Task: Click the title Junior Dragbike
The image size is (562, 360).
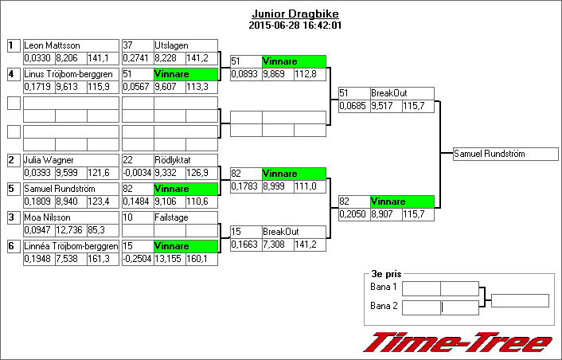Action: [284, 14]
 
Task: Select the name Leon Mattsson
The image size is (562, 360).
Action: [53, 45]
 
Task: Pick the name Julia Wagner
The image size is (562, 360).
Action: [49, 160]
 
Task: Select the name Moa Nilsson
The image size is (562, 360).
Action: [48, 217]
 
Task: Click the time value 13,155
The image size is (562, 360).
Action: [168, 259]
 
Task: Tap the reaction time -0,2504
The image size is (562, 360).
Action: [136, 259]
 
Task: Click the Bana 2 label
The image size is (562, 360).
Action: [384, 306]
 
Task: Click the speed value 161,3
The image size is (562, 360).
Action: [98, 259]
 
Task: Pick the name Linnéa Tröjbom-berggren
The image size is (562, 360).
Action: [71, 246]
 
